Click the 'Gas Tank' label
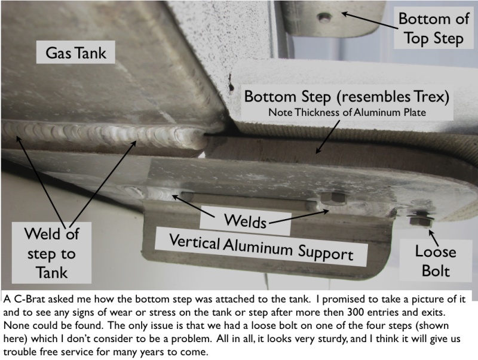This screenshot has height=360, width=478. coord(76,53)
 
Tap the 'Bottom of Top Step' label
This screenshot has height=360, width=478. coord(434,29)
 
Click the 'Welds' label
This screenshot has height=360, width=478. coord(245,220)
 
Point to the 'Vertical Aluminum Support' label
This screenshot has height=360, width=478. coord(261,247)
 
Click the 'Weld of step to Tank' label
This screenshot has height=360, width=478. coord(51,253)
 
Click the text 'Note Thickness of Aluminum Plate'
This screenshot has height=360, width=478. coord(347,112)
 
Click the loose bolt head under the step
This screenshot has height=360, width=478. coord(421,220)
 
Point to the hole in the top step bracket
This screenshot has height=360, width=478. coord(325,18)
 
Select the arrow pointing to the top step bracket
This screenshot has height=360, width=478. coord(369,20)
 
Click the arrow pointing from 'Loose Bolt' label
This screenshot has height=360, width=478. coord(434,238)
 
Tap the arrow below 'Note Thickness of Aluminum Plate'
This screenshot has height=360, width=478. coord(327,137)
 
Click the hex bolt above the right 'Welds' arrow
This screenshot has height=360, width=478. coord(333,198)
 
